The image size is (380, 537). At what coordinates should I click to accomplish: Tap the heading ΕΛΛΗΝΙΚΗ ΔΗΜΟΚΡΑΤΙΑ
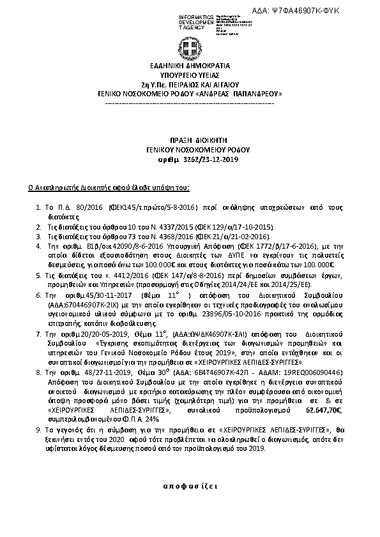click(x=189, y=66)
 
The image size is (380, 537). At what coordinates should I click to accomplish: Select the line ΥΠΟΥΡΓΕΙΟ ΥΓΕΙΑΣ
click(x=189, y=75)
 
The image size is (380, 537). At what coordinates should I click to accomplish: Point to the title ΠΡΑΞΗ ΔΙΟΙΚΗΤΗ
click(x=189, y=138)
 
